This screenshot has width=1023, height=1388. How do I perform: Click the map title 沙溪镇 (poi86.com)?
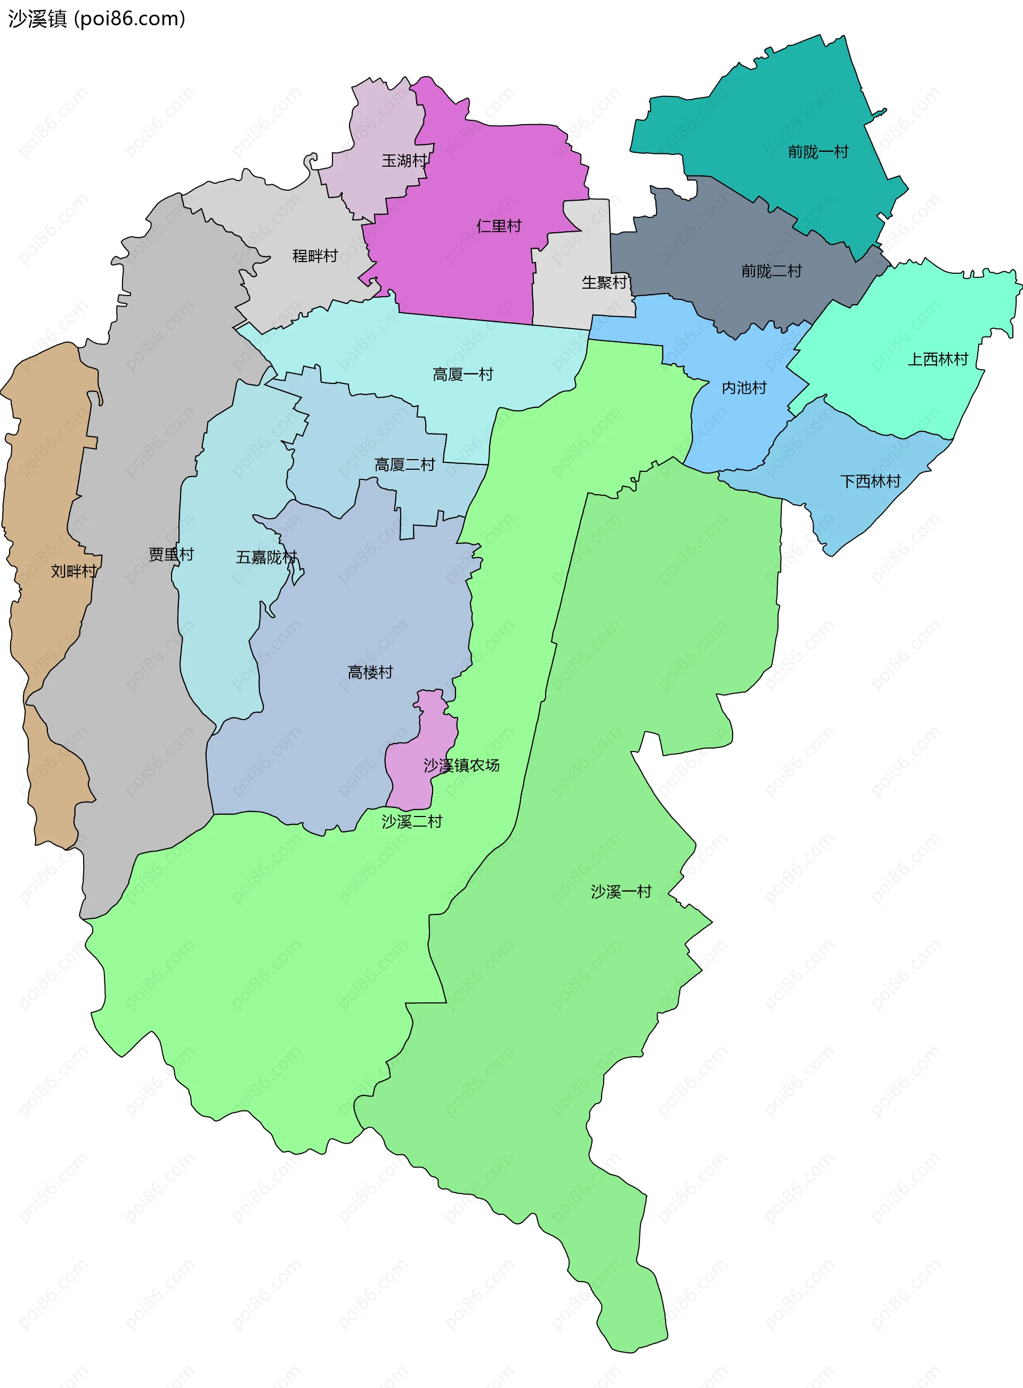pyautogui.click(x=96, y=19)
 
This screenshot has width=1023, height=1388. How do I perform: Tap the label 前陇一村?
pyautogui.click(x=817, y=152)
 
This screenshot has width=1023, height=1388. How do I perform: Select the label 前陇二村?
pyautogui.click(x=771, y=271)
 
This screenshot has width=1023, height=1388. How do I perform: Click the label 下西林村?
pyautogui.click(x=870, y=481)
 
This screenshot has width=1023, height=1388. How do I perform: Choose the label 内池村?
pyautogui.click(x=744, y=388)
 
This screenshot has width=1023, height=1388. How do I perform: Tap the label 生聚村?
pyautogui.click(x=604, y=282)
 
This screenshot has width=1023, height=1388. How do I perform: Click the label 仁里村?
pyautogui.click(x=499, y=226)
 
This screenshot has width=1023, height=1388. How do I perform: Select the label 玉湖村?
pyautogui.click(x=404, y=161)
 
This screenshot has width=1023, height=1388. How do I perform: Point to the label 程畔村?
pyautogui.click(x=314, y=256)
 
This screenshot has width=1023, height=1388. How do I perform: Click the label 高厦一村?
pyautogui.click(x=462, y=374)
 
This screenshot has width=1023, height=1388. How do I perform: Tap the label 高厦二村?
pyautogui.click(x=404, y=464)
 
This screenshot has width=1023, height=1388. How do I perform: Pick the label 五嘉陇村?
pyautogui.click(x=266, y=557)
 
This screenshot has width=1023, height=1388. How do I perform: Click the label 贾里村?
pyautogui.click(x=171, y=554)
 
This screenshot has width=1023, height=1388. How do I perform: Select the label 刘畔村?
pyautogui.click(x=73, y=571)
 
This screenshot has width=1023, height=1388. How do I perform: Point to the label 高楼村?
pyautogui.click(x=370, y=672)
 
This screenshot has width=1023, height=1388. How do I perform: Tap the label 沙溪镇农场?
pyautogui.click(x=461, y=765)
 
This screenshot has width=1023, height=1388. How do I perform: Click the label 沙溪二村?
pyautogui.click(x=412, y=821)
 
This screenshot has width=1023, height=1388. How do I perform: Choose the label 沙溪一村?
pyautogui.click(x=621, y=892)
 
